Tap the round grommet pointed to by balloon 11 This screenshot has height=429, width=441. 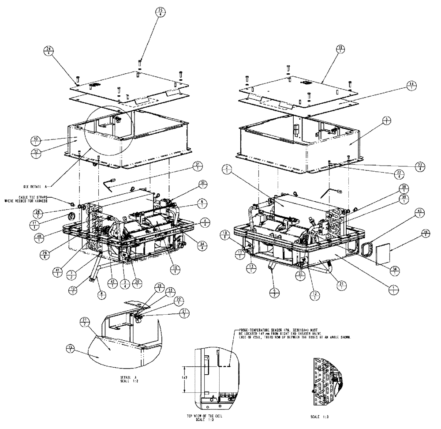70,217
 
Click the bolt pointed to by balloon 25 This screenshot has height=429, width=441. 140,63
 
